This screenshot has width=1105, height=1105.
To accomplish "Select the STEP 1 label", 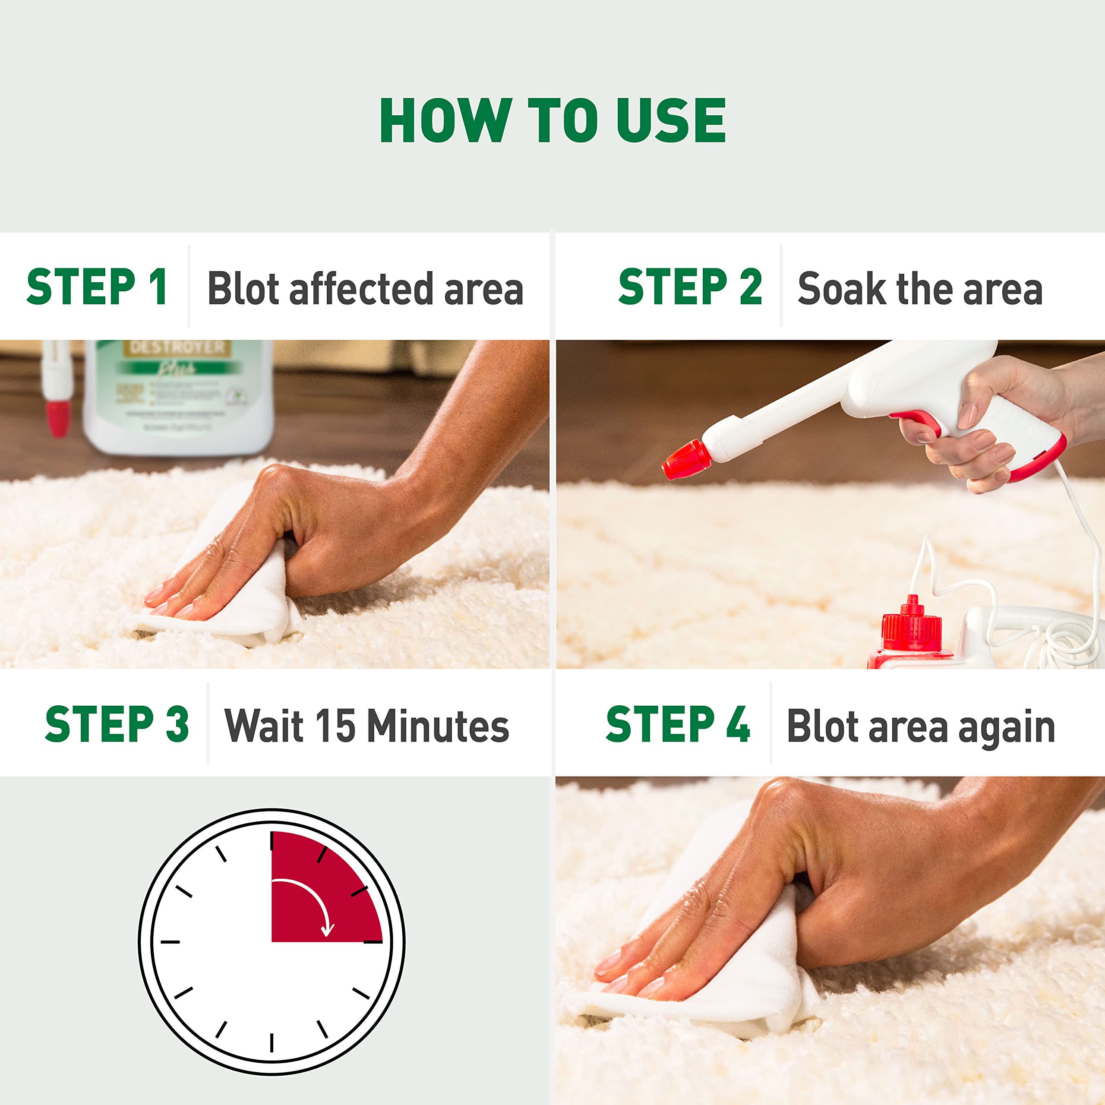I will pyautogui.click(x=97, y=287).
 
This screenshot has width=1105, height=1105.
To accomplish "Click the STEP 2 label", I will pyautogui.click(x=690, y=287).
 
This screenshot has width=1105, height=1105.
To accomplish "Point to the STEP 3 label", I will pyautogui.click(x=117, y=724).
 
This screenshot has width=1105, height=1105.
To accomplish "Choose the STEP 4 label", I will pyautogui.click(x=677, y=724).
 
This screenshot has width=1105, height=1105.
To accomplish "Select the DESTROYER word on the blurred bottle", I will pyautogui.click(x=177, y=347).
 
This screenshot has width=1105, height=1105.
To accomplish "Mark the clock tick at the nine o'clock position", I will pyautogui.click(x=170, y=942).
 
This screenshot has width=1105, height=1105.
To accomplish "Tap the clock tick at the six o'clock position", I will pyautogui.click(x=272, y=1042).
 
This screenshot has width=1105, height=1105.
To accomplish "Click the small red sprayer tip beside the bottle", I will pyautogui.click(x=58, y=417).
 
